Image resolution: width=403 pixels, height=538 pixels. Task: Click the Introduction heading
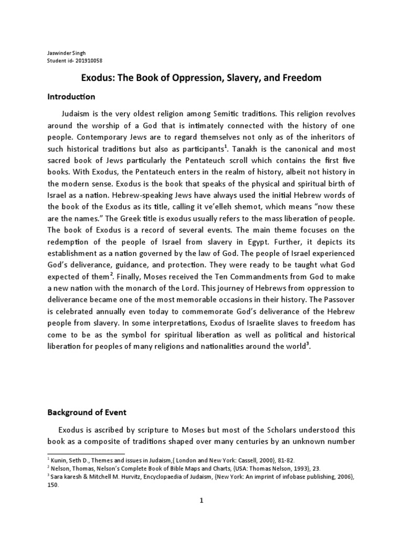click(71, 97)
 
